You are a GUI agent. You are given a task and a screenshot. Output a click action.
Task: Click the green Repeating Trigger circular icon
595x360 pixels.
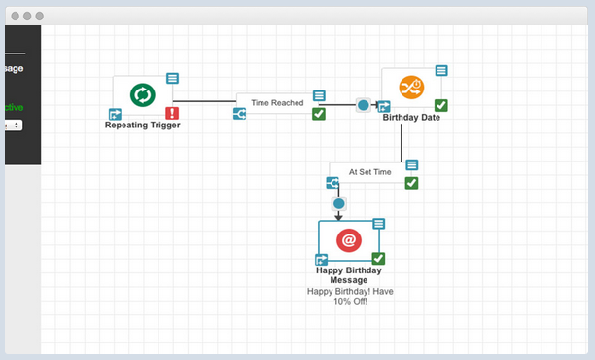[x=143, y=94]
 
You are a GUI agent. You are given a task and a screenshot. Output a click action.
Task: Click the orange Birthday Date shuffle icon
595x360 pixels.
[x=411, y=88]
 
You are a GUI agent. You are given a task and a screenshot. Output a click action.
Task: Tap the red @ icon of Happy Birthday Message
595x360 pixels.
[x=349, y=239]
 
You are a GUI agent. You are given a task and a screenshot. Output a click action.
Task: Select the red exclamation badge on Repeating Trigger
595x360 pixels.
[x=171, y=113]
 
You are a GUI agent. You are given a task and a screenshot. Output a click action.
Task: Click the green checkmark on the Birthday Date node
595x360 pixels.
[x=441, y=105]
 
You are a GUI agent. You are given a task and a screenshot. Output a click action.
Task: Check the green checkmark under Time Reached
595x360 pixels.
[x=318, y=114]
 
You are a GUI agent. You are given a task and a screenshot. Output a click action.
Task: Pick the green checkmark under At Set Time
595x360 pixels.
[x=411, y=182]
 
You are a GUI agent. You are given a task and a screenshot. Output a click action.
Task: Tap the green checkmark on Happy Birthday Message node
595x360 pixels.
[x=378, y=259]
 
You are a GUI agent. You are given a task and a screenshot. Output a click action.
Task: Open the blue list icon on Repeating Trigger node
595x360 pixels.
[x=172, y=78]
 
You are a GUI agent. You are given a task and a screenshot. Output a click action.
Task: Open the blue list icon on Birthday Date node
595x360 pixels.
[x=441, y=70]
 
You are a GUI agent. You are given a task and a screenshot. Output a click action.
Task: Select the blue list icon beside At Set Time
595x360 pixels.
[x=411, y=165]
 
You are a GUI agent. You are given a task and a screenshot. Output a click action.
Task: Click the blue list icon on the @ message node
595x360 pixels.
[x=378, y=224]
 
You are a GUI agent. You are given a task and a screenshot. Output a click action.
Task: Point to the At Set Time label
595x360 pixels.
[x=369, y=172]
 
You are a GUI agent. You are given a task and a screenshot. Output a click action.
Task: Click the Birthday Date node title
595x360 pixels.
[x=411, y=118]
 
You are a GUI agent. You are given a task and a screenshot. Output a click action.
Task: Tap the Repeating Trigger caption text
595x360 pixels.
[x=143, y=125]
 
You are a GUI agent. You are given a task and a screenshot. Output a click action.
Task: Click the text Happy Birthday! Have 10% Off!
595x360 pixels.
[x=350, y=296]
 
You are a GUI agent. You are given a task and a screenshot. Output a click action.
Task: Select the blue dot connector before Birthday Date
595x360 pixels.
[x=363, y=105]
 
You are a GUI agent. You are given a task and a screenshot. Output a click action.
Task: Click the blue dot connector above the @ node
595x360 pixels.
[x=338, y=203]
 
